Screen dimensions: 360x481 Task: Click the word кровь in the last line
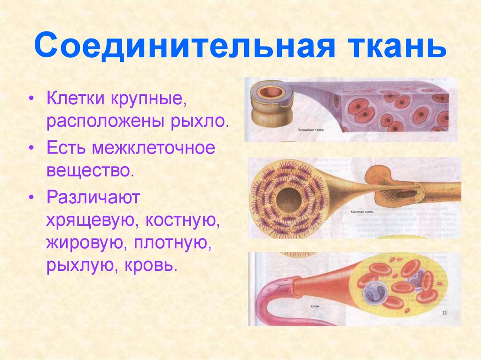(151, 266)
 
